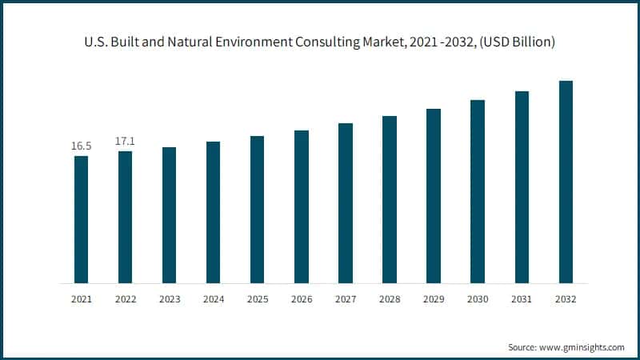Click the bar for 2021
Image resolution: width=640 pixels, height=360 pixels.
coord(82,219)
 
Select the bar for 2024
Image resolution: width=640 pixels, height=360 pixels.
coord(213,212)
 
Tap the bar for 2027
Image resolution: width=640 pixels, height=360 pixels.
coord(346,203)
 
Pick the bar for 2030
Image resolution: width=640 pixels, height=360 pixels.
coord(478,191)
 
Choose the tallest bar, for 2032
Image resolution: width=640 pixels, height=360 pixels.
coord(566,182)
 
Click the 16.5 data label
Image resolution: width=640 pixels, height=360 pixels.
coord(82,146)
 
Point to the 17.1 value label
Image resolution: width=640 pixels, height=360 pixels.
coord(125,142)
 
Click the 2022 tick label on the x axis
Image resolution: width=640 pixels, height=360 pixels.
coord(125,298)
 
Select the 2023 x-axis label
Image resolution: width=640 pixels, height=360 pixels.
coord(169,298)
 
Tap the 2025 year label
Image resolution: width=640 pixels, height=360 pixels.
coord(257,298)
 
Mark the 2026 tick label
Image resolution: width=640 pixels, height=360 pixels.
coord(301,298)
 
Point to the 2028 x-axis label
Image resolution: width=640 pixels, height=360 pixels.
coord(389,298)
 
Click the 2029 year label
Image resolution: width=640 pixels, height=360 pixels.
coord(433,298)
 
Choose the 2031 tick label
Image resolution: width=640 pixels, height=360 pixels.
coord(522,298)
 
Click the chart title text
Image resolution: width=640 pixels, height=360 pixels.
coord(320,42)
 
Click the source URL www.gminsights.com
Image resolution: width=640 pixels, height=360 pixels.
coord(581,347)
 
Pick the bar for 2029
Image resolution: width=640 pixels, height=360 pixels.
coord(434,196)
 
